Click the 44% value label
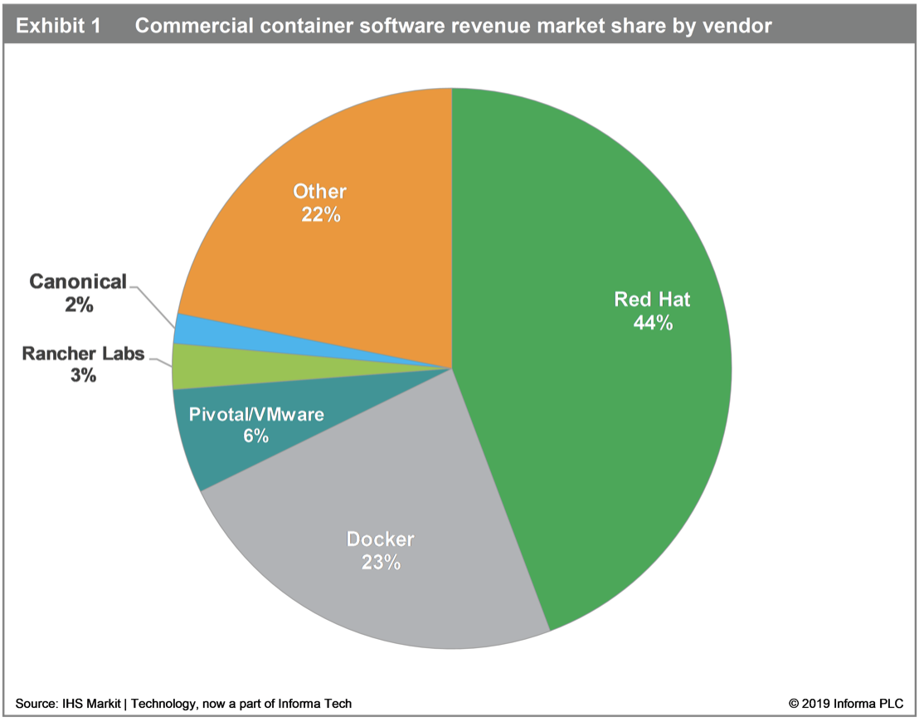(652, 323)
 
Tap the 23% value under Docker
(381, 563)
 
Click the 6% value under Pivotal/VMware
(255, 435)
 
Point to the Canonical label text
(78, 281)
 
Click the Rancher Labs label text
(83, 354)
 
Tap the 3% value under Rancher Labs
(83, 376)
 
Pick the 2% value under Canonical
(79, 305)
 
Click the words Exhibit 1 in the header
(59, 26)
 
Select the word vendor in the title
(738, 26)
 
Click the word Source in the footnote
(35, 704)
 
